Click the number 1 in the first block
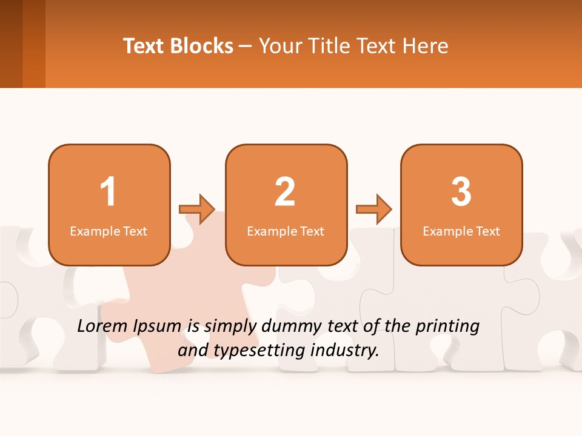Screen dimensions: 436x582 pos(108,192)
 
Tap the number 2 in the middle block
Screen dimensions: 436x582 pos(285,192)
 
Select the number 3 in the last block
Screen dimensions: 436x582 pos(461,192)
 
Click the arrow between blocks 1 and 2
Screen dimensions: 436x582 pos(197,210)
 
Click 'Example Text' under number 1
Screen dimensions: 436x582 pos(109,231)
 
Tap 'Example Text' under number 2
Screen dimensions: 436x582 pos(286,231)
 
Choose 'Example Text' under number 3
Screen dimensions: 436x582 pos(461,231)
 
